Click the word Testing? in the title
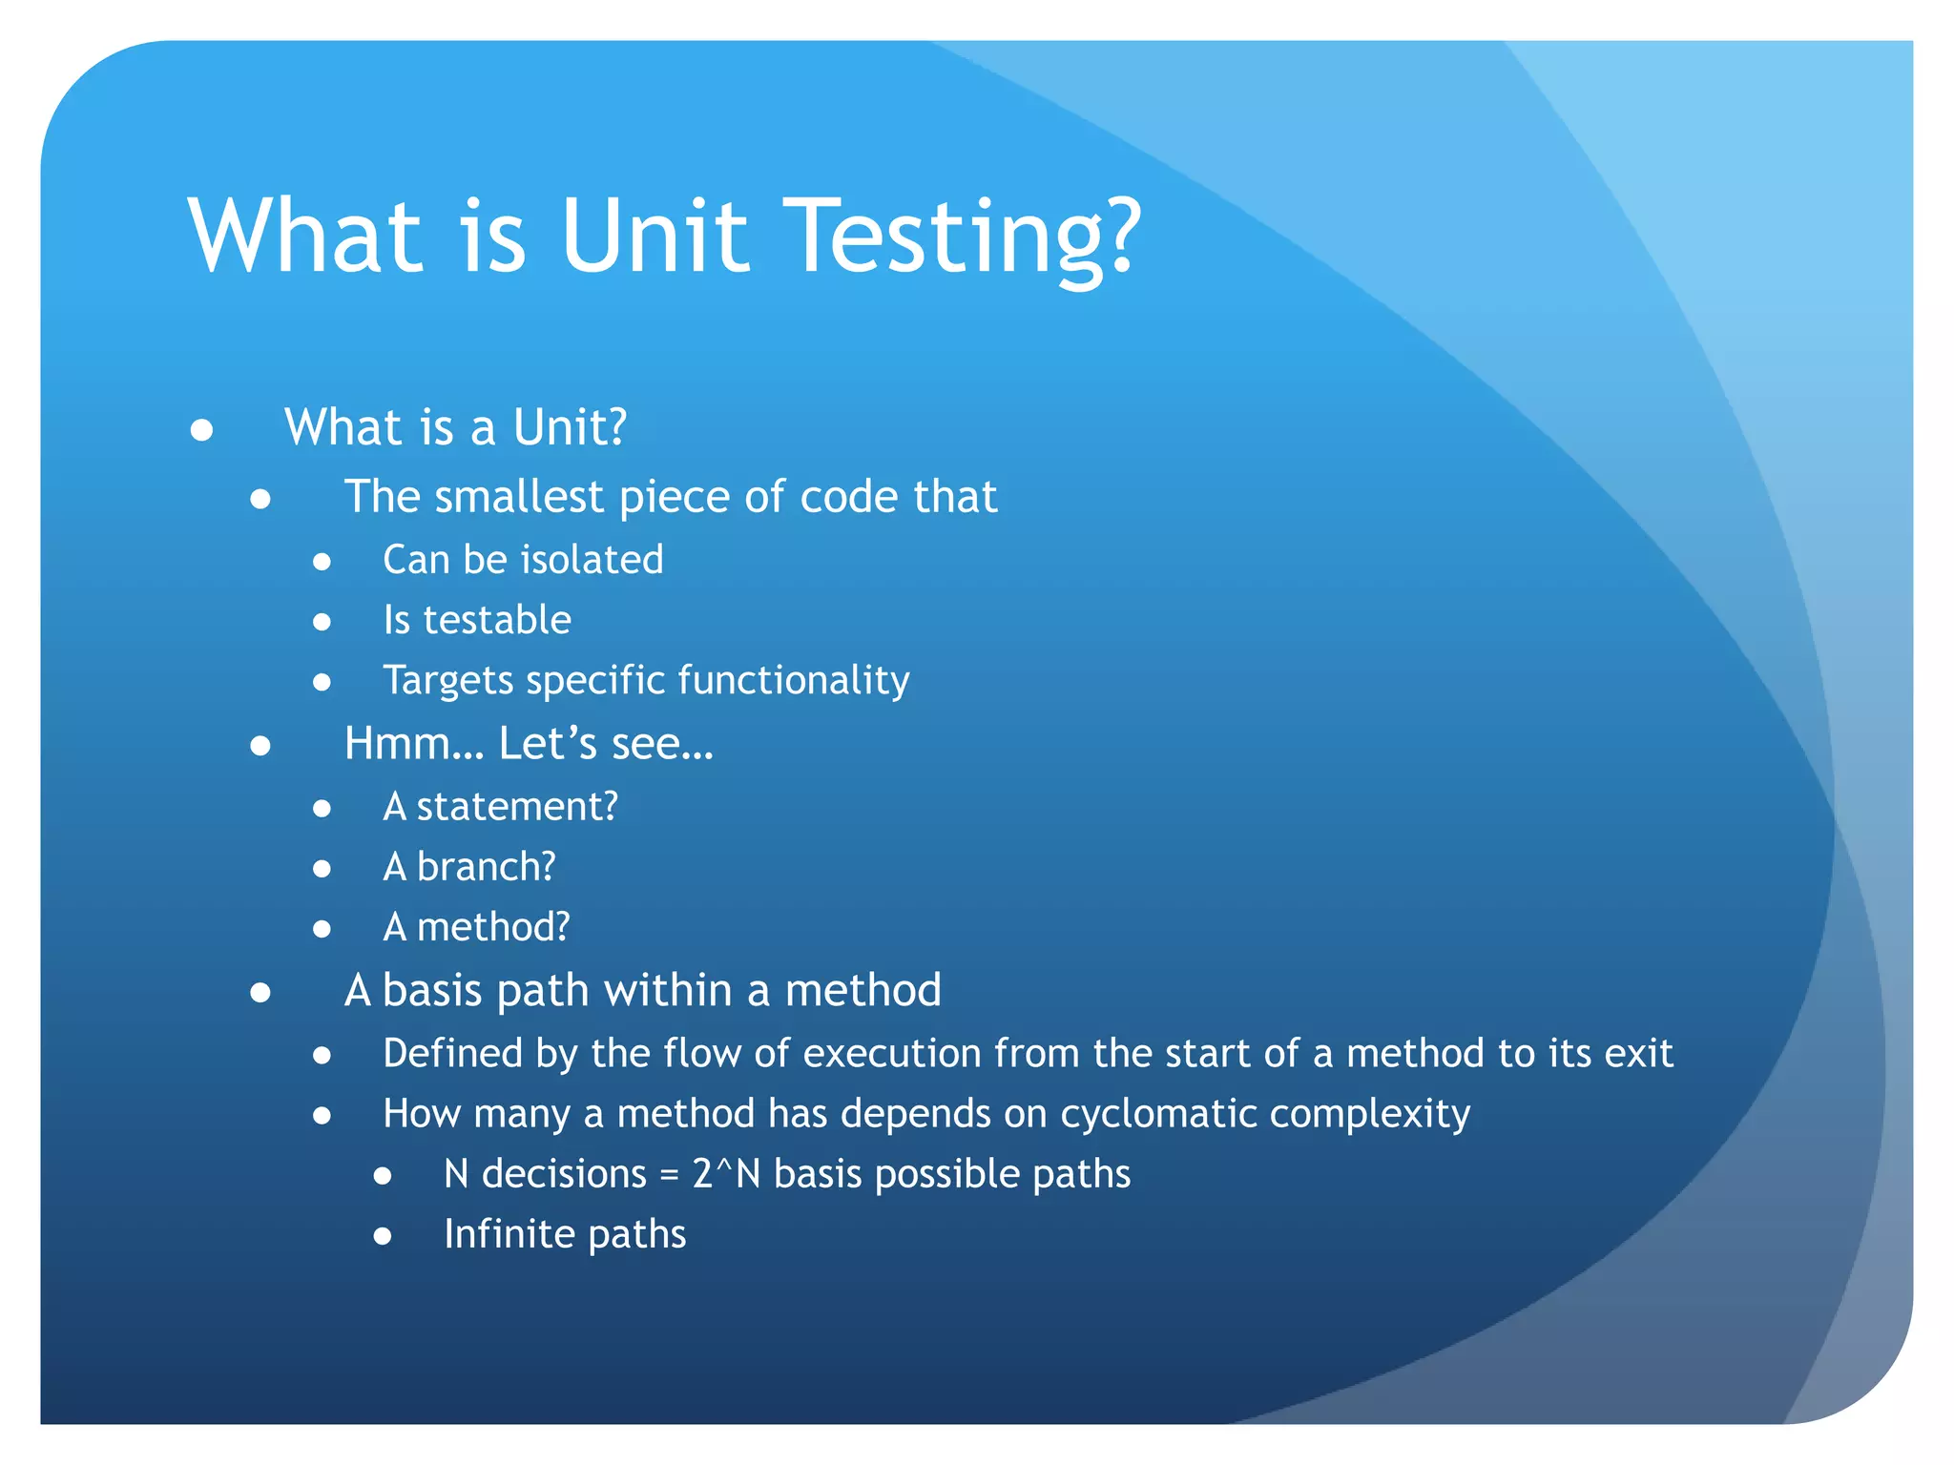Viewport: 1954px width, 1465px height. point(967,236)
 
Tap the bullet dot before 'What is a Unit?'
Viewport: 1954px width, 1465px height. point(201,430)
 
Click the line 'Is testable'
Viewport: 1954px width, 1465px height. point(477,620)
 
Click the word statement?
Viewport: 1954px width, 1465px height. point(517,807)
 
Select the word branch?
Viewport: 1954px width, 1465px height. point(486,867)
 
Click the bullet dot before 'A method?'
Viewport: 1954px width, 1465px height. point(322,929)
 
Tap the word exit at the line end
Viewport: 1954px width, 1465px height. point(1638,1054)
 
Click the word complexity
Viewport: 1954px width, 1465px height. point(1370,1114)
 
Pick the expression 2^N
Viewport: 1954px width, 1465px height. point(726,1174)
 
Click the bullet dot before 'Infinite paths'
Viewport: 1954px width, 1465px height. point(383,1237)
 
